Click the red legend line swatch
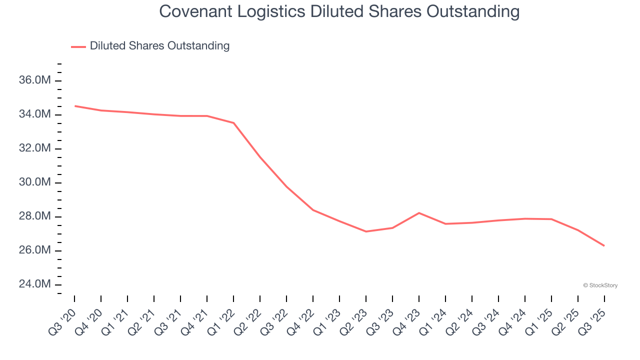(x=78, y=46)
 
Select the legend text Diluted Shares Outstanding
(x=159, y=46)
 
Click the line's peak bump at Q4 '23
(x=419, y=213)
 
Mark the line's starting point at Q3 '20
(x=74, y=106)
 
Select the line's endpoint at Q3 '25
(x=604, y=245)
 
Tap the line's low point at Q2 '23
(x=366, y=231)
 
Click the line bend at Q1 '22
(x=233, y=123)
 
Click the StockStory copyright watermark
(x=600, y=285)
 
